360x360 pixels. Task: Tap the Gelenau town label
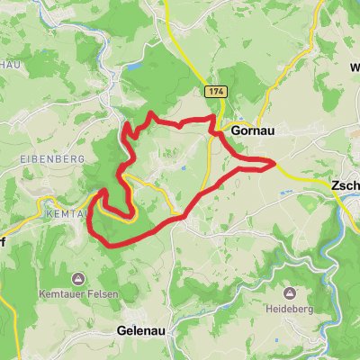144,330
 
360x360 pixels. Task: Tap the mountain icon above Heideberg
290,293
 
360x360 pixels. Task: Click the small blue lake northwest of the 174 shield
136,67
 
